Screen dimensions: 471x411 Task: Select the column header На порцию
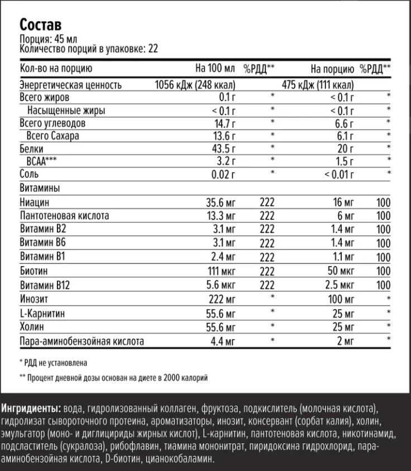click(x=332, y=69)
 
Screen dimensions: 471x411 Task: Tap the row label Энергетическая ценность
click(x=70, y=85)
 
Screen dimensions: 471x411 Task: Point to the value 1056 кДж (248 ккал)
click(x=195, y=85)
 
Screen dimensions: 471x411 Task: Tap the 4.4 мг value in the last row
click(x=224, y=341)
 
